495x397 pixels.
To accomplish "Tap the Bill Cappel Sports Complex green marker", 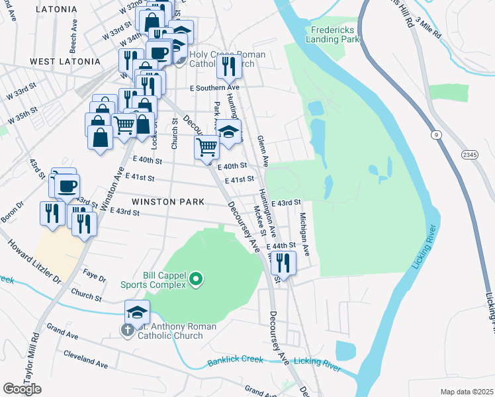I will [x=195, y=281].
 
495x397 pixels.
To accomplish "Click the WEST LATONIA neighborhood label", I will [x=65, y=62].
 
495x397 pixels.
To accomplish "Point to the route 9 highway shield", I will [x=436, y=135].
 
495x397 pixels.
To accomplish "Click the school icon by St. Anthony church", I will [x=137, y=311].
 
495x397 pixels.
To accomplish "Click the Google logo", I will [x=22, y=388].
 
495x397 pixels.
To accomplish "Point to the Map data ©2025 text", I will [x=466, y=392].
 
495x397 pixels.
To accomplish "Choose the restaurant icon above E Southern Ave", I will [x=227, y=66].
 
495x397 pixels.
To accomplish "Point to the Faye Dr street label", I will [x=94, y=275].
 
